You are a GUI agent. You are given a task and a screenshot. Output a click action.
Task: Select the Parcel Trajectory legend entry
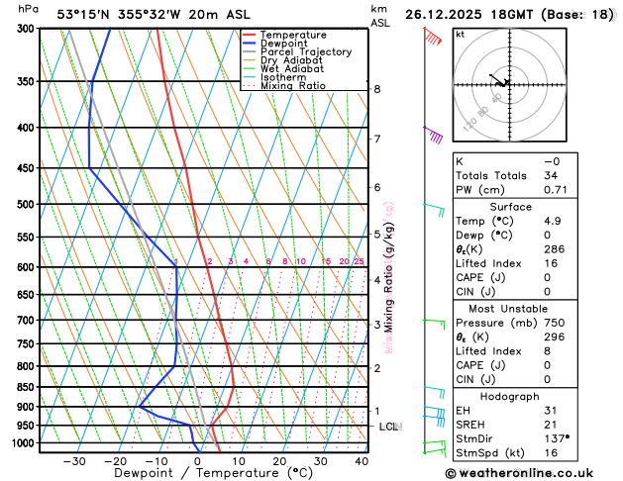click(306, 51)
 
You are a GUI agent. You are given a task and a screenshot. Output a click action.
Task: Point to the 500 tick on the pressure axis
click(25, 205)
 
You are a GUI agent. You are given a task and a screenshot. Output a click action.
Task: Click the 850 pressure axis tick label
click(25, 387)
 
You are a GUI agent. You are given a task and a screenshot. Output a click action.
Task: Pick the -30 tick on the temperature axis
click(73, 461)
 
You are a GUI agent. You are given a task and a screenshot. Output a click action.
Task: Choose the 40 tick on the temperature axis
click(361, 461)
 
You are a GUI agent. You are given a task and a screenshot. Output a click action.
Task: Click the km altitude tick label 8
click(376, 89)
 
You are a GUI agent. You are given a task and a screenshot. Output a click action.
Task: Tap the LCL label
click(388, 427)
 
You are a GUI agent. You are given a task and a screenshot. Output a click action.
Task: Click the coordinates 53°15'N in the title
click(87, 14)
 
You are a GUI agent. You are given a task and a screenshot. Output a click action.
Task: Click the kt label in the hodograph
click(460, 34)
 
